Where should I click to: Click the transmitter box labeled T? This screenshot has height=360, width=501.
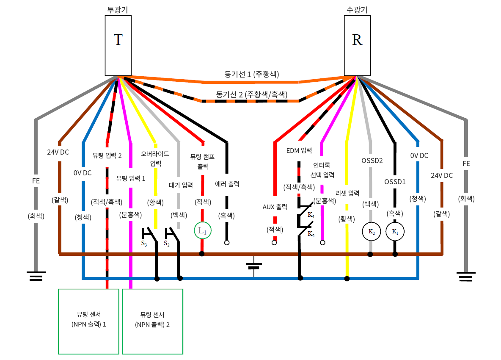coord(118,46)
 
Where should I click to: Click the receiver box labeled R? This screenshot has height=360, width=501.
coord(358,46)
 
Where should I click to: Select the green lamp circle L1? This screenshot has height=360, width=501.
coord(202,231)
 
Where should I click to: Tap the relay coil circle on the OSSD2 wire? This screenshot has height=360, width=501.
coord(371,232)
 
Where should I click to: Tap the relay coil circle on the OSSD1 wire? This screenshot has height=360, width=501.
coord(395,232)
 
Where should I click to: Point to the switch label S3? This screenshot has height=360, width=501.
coord(144,244)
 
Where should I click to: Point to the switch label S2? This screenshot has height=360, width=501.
coord(167,244)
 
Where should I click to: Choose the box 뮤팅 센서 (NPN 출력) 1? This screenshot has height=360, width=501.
coord(88,321)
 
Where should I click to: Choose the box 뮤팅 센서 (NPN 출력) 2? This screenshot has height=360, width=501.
coord(153,321)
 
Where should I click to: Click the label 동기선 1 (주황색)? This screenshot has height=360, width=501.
coord(251,74)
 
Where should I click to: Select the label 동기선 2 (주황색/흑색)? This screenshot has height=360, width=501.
coord(251,94)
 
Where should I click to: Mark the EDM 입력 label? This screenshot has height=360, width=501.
coord(299,150)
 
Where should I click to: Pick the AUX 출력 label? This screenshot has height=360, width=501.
coord(275,207)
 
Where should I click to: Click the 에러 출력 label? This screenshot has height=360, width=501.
coord(227,184)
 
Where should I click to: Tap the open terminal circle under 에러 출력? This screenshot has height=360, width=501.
coord(227,243)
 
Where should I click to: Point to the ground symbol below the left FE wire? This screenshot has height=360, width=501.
coord(36,277)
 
